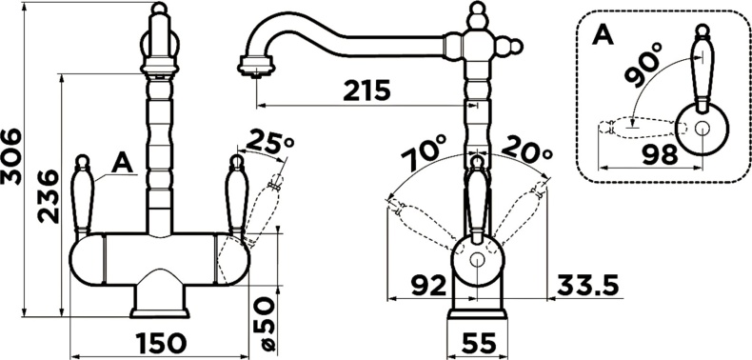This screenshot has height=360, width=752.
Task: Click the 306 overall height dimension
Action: point(10,156)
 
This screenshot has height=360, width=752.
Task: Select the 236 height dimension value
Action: point(49,197)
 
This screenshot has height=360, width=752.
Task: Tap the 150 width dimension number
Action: point(160,344)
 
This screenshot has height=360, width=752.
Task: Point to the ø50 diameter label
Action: point(265,323)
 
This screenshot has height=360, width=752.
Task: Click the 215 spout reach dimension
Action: point(366,90)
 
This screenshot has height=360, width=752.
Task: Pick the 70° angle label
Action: point(423,151)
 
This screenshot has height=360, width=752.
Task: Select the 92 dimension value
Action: point(428,286)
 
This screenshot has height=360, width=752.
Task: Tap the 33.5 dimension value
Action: point(588,286)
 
